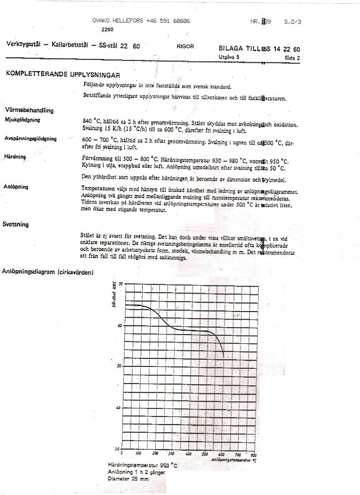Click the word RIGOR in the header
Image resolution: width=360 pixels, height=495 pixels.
pos(185,46)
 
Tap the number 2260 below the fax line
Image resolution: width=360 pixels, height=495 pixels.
pos(107,29)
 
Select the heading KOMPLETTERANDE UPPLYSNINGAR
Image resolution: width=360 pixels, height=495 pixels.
pos(63,75)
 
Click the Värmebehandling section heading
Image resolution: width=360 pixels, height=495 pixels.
pos(29,110)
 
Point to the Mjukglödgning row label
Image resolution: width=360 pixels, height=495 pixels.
pos(22,120)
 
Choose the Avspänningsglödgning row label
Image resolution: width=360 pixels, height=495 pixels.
pos(31,139)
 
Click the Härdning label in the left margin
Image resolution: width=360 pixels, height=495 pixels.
pos(15,156)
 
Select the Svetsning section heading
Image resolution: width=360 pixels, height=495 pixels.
pos(16,224)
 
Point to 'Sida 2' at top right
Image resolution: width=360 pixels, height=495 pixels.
pos(292,57)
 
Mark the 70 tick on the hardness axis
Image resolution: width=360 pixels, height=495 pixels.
pos(120,284)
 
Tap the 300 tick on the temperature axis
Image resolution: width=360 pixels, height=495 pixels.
pos(172,453)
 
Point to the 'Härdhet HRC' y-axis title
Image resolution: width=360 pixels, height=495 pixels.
pos(114,295)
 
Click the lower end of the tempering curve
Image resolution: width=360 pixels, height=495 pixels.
pos(223,356)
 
